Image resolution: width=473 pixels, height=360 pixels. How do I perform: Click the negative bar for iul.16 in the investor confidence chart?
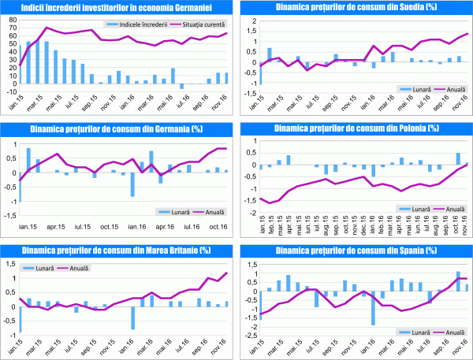(182, 86)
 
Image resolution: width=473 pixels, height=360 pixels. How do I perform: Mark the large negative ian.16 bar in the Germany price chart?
(132, 184)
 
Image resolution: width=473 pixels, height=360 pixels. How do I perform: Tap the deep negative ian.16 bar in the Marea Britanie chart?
(132, 317)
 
